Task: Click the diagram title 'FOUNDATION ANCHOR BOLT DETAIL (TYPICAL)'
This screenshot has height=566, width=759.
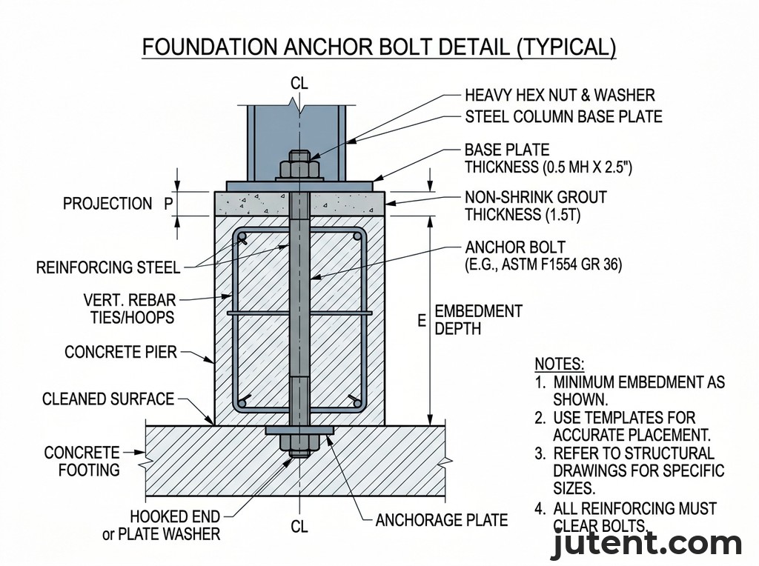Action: (x=379, y=47)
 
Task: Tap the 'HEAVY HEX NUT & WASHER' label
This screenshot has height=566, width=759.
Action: (x=560, y=95)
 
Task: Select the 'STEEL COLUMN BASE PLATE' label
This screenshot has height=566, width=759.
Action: (x=563, y=116)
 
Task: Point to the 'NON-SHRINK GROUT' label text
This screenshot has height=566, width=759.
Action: (x=535, y=198)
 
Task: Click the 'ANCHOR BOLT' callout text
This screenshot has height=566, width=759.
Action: (x=514, y=247)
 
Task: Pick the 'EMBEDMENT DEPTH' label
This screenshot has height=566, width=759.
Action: (x=478, y=319)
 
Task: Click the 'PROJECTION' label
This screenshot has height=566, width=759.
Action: (x=107, y=204)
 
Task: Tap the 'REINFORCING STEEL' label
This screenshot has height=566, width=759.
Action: (x=108, y=267)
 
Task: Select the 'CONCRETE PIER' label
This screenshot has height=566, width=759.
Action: (x=121, y=351)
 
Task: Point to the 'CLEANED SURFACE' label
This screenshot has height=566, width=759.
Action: (x=108, y=399)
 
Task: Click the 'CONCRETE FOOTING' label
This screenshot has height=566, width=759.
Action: (x=82, y=461)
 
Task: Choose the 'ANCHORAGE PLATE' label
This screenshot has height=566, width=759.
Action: (x=442, y=520)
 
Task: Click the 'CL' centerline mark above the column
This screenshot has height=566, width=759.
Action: (x=299, y=83)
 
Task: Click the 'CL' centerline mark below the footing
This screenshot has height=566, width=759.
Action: (x=299, y=527)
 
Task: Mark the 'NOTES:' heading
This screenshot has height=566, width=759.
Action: (x=560, y=364)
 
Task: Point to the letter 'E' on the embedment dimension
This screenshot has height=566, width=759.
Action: (x=422, y=320)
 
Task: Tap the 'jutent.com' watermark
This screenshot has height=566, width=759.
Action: (x=646, y=545)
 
